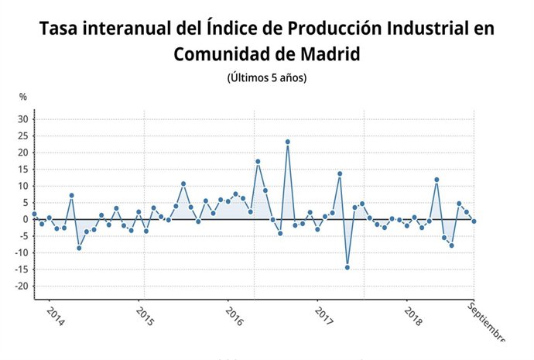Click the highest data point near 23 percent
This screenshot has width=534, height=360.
[x=287, y=142]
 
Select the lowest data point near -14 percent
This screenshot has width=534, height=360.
[x=347, y=267]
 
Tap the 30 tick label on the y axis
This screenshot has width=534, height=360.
[x=23, y=119]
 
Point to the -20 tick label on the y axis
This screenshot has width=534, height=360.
[x=22, y=286]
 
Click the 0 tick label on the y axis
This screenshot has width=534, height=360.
[x=26, y=219]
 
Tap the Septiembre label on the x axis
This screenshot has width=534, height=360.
[x=486, y=323]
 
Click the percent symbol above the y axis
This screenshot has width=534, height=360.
[x=23, y=97]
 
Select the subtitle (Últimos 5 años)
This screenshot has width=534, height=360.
[x=267, y=78]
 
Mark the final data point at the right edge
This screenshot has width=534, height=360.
[x=474, y=221]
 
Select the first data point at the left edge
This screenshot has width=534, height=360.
[x=34, y=214]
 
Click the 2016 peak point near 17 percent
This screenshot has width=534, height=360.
[x=258, y=161]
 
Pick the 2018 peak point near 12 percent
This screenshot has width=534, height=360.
[x=436, y=180]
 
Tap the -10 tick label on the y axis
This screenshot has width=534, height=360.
[x=22, y=253]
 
